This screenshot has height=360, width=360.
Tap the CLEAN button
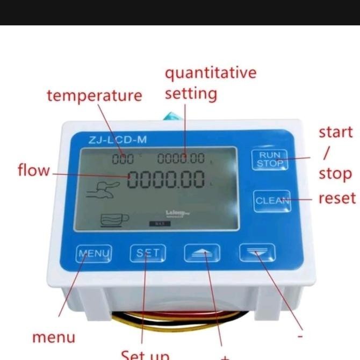[272, 201]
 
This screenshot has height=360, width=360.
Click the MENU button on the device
[94, 253]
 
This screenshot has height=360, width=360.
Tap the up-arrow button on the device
[202, 253]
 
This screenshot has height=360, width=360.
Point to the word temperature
[94, 96]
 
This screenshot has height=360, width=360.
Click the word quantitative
[211, 73]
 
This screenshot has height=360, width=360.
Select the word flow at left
[33, 170]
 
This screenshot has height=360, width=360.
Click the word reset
[337, 198]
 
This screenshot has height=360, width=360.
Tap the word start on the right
[335, 132]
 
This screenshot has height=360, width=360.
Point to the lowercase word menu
[54, 337]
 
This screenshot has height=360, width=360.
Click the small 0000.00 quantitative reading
[181, 158]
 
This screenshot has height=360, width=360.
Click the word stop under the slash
[335, 174]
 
